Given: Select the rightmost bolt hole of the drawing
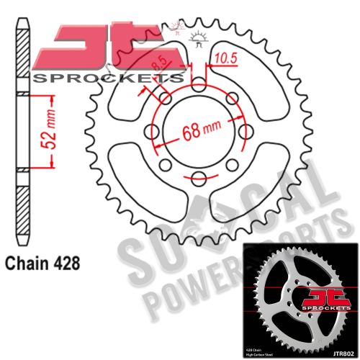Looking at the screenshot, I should (247, 130).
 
